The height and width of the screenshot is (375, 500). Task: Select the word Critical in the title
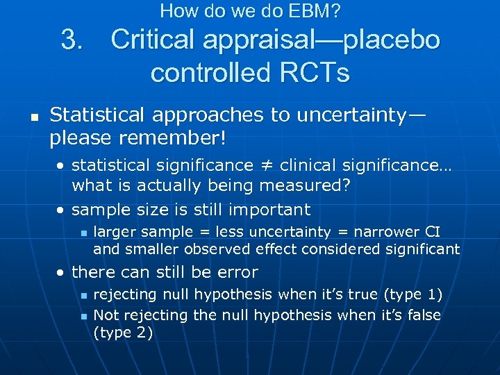point(151,40)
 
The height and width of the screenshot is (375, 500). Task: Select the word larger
point(114,232)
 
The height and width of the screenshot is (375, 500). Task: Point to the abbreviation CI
point(431,232)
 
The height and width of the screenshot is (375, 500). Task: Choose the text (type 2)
point(123,332)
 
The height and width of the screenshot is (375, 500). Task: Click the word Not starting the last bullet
point(106,315)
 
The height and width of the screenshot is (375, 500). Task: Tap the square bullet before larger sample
point(82,233)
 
